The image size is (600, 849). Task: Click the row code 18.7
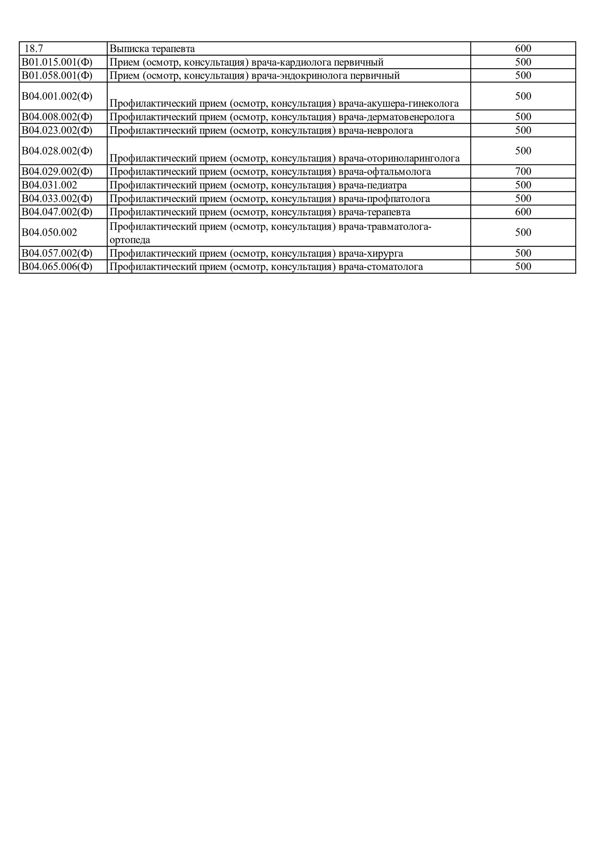click(x=34, y=48)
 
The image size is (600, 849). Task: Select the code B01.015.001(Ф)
click(x=57, y=62)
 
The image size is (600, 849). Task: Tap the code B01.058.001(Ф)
click(x=57, y=75)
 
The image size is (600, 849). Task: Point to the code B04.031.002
click(x=49, y=185)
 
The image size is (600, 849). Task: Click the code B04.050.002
click(x=49, y=232)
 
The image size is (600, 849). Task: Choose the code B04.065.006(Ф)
click(x=57, y=267)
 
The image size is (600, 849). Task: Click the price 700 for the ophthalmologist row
click(x=523, y=172)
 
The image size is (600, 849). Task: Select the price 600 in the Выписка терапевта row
click(x=523, y=48)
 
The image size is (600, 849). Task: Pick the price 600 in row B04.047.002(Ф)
click(x=523, y=212)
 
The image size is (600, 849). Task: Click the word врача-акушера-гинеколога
click(x=398, y=103)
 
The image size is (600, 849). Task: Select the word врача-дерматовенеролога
click(x=396, y=117)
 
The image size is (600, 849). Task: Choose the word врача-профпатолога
click(x=384, y=199)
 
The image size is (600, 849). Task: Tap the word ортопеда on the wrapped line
click(x=130, y=240)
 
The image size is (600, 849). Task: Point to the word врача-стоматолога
click(x=380, y=267)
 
